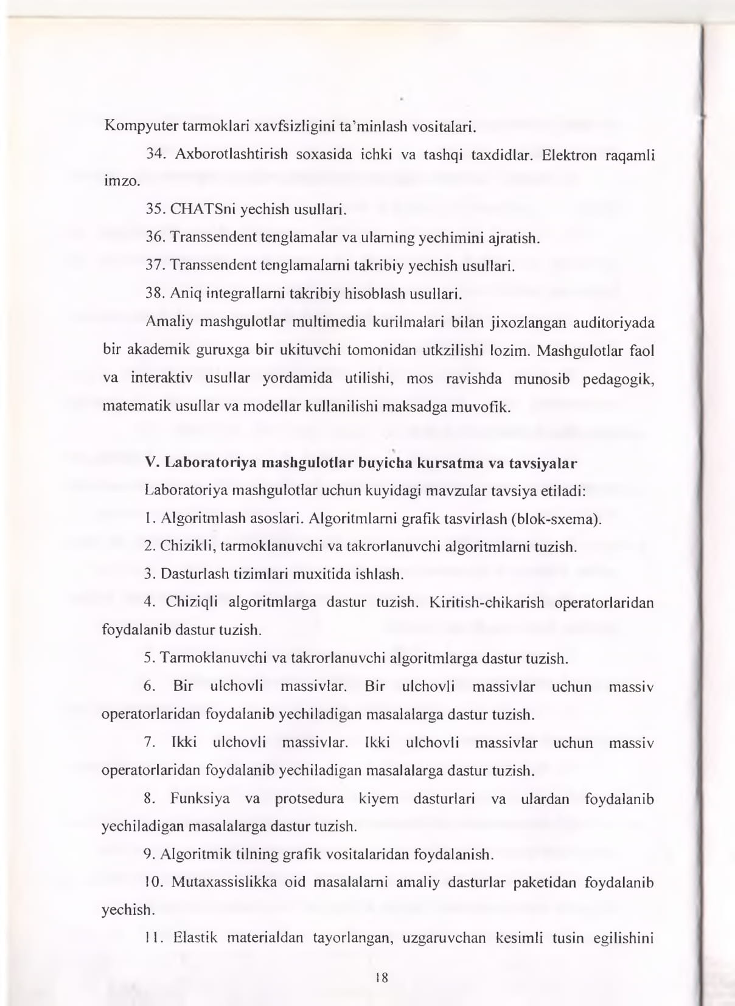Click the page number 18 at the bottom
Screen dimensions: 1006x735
coord(382,978)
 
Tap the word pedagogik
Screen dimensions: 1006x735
coord(618,379)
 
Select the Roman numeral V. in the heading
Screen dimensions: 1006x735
coord(152,463)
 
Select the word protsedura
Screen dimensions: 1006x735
coord(309,799)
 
